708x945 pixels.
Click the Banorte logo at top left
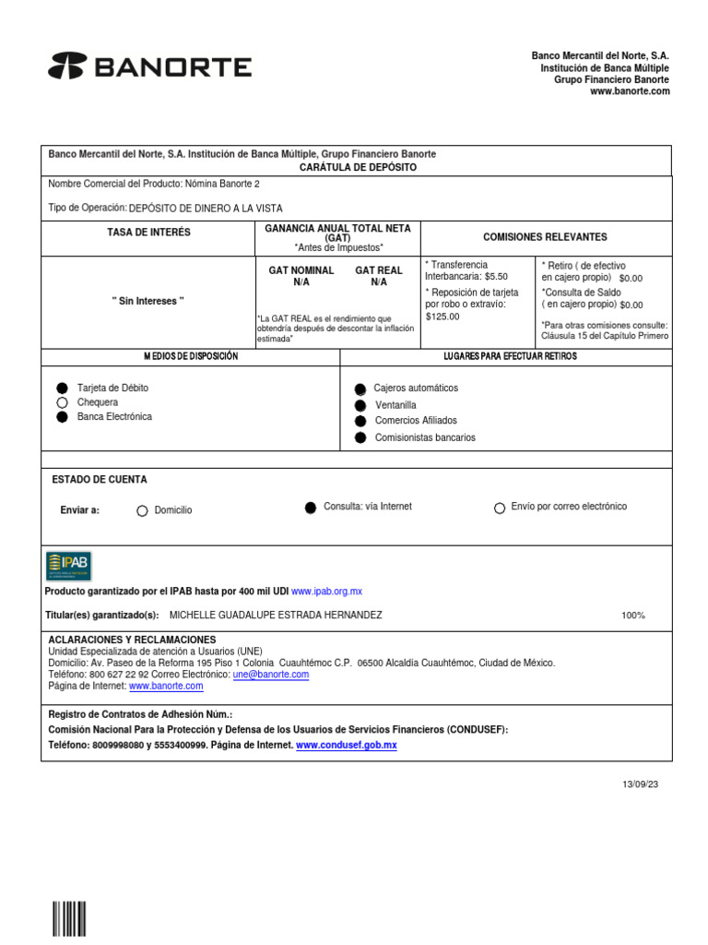(149, 67)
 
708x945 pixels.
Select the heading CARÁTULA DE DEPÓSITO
(358, 167)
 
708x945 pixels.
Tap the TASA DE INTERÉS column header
(148, 233)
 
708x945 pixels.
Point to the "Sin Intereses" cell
(148, 302)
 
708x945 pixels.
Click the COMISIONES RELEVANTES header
(545, 237)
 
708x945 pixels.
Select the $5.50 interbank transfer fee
(496, 276)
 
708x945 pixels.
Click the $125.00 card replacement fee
(442, 317)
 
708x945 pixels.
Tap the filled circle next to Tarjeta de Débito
(62, 389)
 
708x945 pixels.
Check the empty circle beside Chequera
(62, 402)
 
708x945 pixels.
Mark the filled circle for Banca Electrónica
(62, 417)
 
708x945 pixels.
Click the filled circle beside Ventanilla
(360, 405)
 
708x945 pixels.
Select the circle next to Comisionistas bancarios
(360, 437)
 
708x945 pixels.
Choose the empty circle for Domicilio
(142, 510)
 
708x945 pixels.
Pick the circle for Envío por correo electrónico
(500, 508)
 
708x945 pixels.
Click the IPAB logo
(69, 566)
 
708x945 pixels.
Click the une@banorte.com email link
(271, 675)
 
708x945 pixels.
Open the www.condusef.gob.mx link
(346, 745)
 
